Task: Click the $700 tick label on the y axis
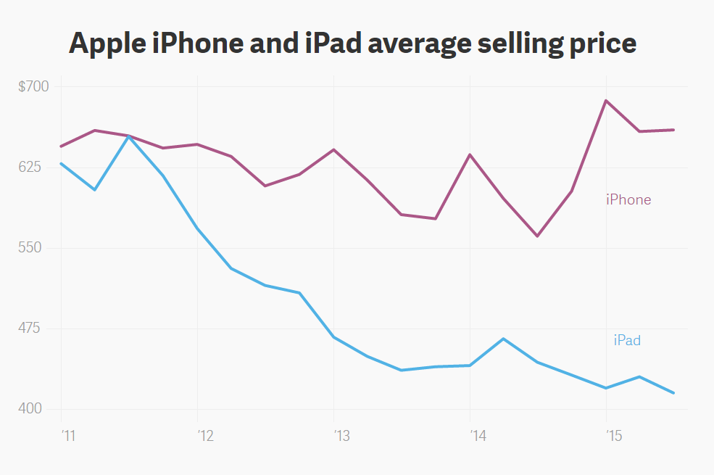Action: tap(33, 87)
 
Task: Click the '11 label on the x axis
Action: tap(69, 436)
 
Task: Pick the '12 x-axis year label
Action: tap(205, 436)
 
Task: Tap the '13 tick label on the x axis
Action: tap(341, 436)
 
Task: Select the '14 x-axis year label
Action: tap(478, 436)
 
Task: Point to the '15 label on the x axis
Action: tap(614, 436)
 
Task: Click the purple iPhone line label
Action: tap(628, 199)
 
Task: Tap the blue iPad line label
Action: tap(627, 340)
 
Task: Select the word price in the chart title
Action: tap(599, 44)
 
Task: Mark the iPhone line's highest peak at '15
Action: tap(606, 100)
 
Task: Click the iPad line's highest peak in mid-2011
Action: tap(128, 136)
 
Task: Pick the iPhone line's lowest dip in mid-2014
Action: tap(538, 236)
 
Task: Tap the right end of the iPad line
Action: tap(674, 393)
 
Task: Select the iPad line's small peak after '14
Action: tap(503, 339)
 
